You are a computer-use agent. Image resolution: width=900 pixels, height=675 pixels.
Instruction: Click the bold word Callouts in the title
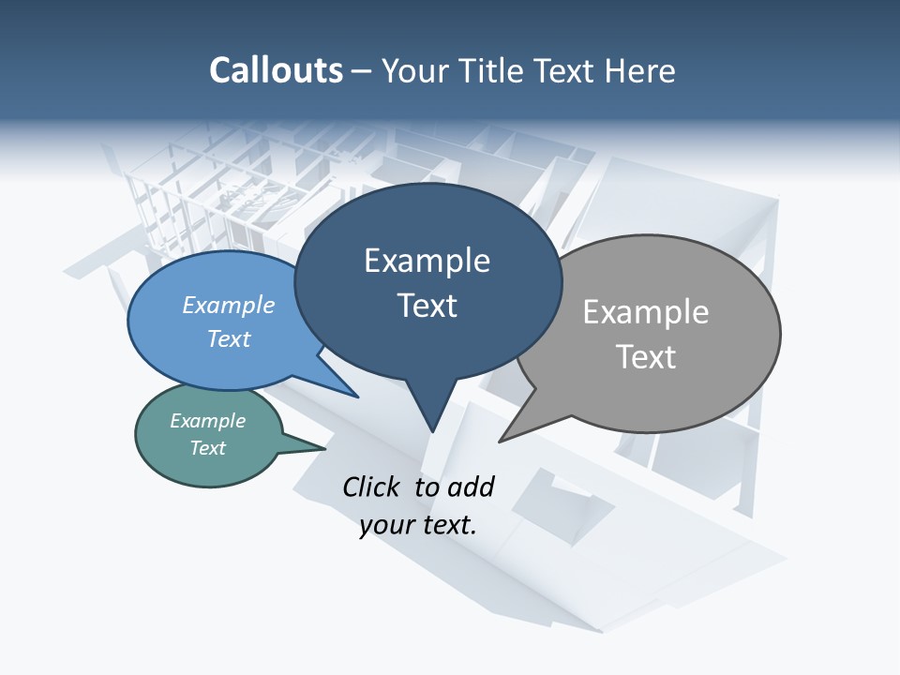tap(276, 70)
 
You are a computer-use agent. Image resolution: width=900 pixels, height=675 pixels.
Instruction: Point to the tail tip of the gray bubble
tap(501, 440)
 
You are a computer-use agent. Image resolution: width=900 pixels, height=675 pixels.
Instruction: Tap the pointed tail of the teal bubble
tap(323, 448)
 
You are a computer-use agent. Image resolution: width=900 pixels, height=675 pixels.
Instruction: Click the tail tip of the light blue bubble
tap(357, 397)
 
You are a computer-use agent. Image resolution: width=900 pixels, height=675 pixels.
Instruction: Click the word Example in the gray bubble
tap(646, 311)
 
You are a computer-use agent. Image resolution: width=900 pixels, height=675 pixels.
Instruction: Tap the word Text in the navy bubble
tap(427, 306)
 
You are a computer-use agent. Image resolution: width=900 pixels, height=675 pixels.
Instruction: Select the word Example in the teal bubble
tap(207, 421)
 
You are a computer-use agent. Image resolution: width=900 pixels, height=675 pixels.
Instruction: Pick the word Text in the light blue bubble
tap(229, 338)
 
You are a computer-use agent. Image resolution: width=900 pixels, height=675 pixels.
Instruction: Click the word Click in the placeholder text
tap(371, 487)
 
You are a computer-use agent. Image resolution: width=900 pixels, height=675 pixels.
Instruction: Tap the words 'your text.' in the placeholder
tap(418, 525)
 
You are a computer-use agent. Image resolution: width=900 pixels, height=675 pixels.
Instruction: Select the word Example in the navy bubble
tap(427, 261)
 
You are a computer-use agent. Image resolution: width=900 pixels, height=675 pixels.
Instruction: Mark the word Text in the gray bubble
tap(646, 357)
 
